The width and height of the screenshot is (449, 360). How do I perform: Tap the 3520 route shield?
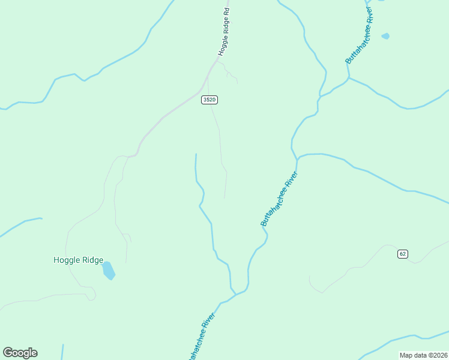209,100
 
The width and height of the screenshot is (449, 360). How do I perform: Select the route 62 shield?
402,254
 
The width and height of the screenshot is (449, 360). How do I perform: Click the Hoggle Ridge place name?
78,260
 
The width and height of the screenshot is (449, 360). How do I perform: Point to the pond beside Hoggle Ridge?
108,271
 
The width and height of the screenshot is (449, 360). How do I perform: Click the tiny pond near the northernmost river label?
385,36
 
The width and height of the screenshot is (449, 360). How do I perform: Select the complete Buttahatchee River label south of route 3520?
279,199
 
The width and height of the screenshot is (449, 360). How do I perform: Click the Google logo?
20,353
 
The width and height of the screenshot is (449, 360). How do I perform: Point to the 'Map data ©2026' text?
424,355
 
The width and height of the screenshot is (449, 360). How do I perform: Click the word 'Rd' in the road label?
228,11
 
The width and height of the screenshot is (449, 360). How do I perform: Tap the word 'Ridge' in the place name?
92,260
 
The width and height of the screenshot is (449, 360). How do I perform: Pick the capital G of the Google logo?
7,353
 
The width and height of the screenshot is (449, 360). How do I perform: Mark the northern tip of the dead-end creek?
196,154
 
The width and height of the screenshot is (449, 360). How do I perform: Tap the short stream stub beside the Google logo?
62,352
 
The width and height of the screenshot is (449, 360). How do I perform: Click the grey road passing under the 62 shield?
414,262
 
